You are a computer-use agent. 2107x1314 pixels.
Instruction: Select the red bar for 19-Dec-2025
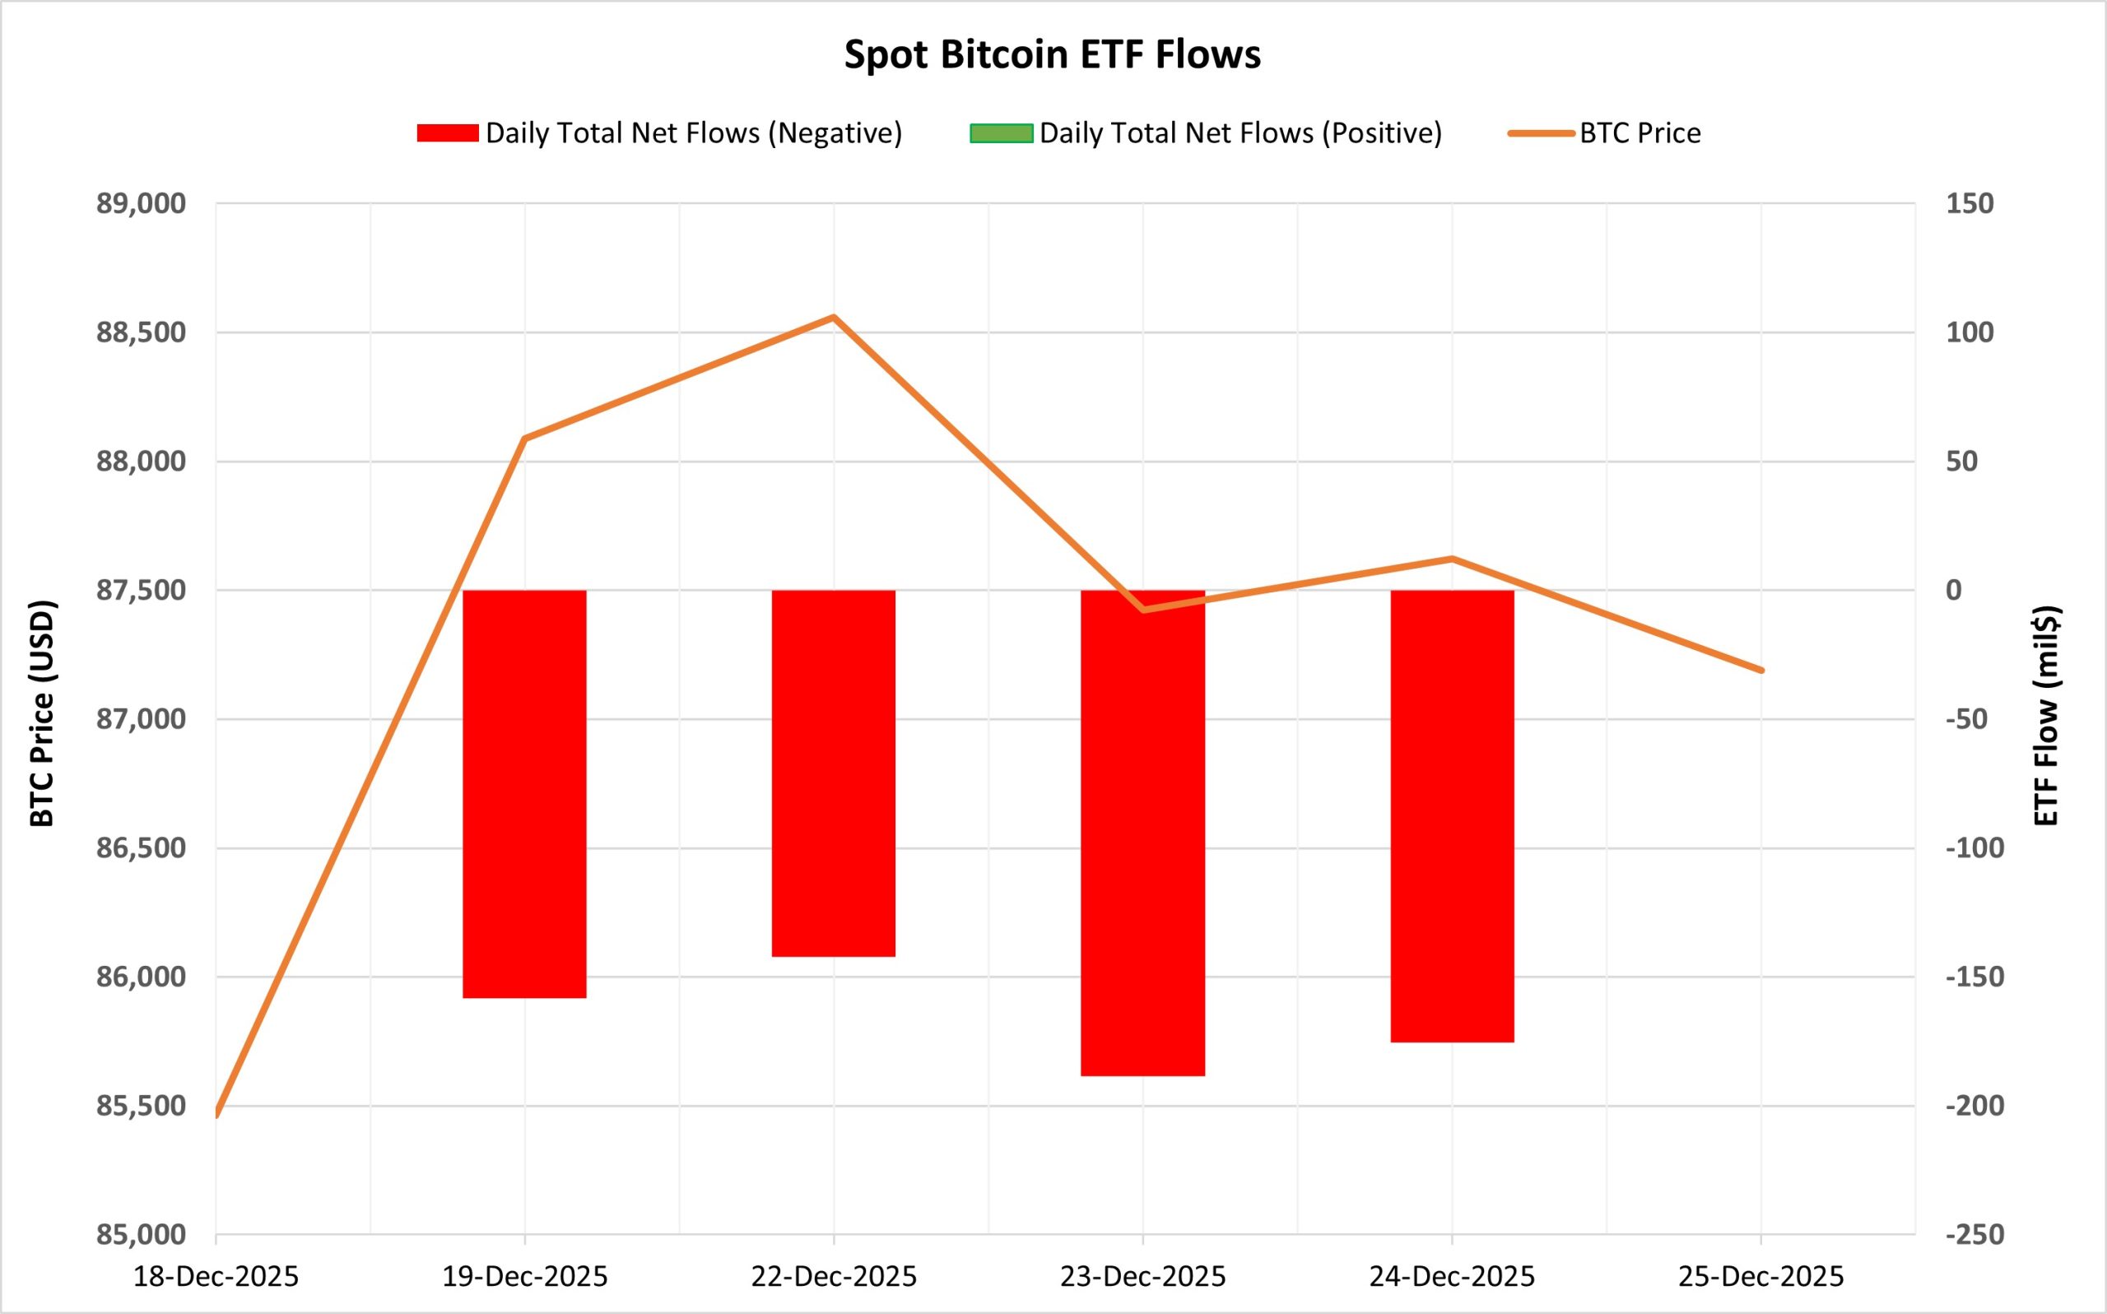click(x=524, y=793)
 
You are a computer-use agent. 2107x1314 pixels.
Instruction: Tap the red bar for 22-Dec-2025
click(x=834, y=773)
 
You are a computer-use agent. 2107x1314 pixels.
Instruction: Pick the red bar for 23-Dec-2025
click(x=1142, y=833)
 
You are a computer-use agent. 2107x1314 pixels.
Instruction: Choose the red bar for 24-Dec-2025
click(x=1452, y=815)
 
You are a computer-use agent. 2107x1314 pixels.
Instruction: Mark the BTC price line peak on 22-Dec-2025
click(x=834, y=318)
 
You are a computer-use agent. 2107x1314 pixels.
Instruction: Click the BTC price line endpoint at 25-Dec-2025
click(x=1761, y=670)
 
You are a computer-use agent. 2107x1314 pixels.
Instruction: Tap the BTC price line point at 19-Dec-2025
click(x=524, y=438)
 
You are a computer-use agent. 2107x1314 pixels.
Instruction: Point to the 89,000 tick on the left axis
click(x=141, y=203)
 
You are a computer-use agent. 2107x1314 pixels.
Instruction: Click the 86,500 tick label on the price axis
click(x=141, y=847)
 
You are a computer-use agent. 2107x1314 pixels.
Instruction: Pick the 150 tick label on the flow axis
click(x=1969, y=203)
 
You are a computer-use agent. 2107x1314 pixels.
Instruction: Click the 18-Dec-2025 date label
click(x=216, y=1277)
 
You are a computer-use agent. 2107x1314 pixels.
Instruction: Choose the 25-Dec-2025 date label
click(x=1761, y=1277)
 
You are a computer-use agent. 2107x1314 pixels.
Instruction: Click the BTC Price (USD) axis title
click(x=42, y=713)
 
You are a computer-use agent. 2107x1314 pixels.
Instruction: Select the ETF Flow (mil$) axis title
click(x=2046, y=714)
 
